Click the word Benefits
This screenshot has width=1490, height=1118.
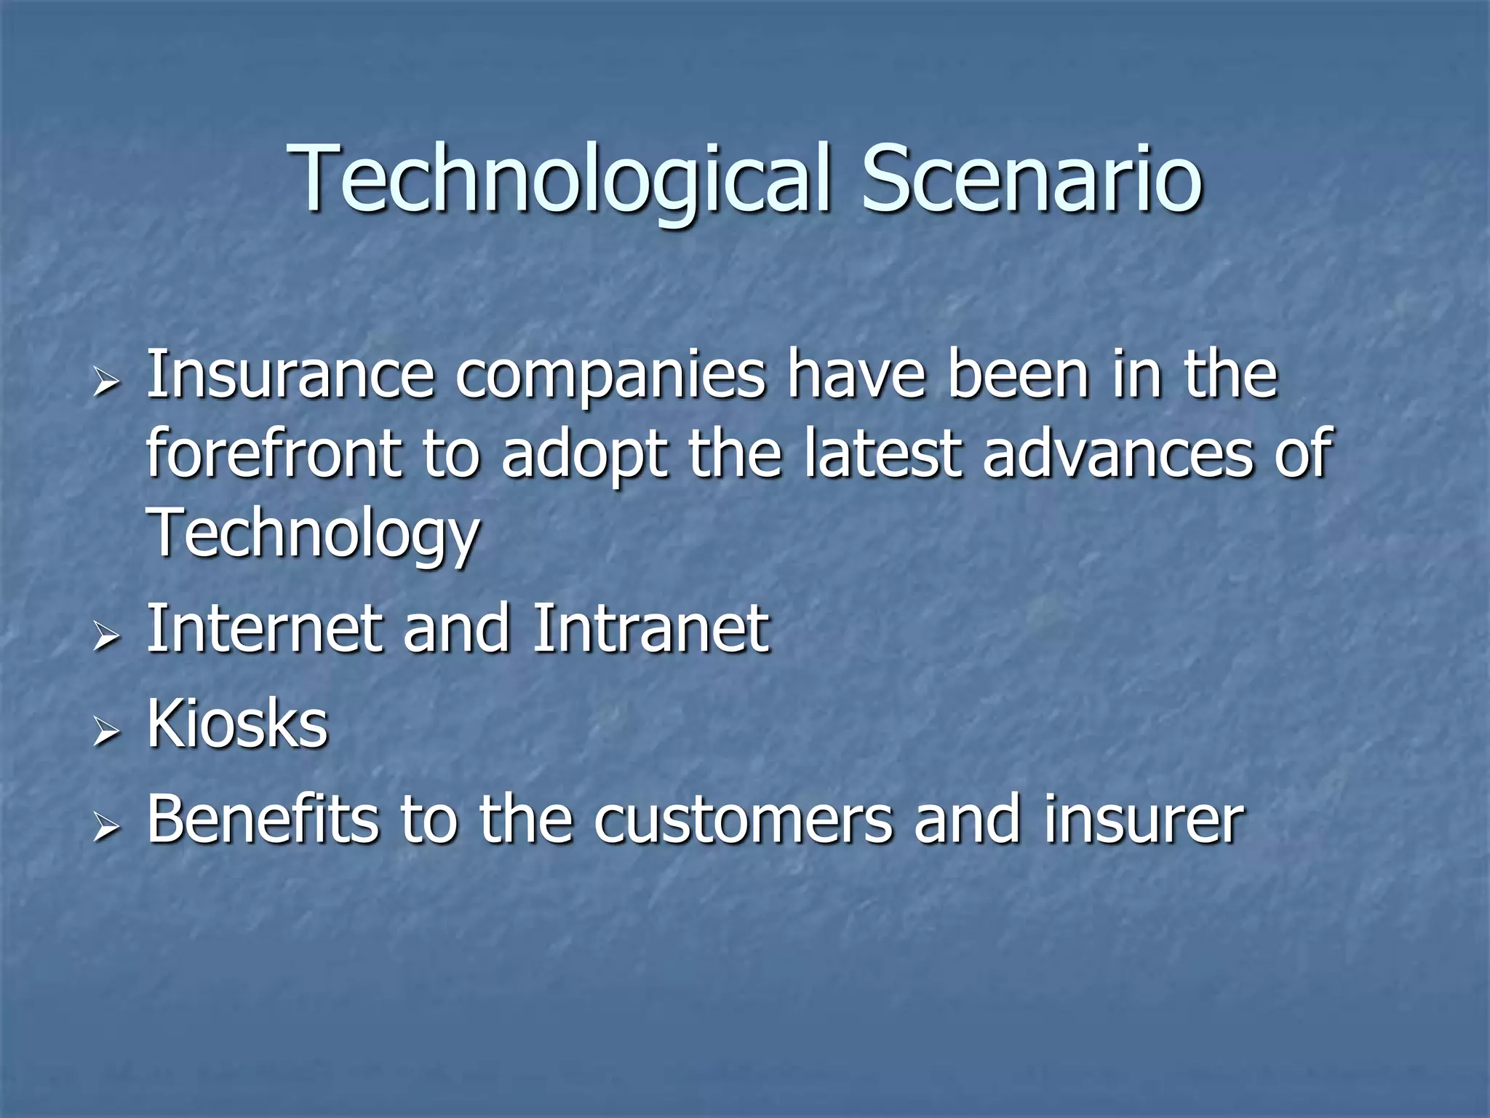[262, 820]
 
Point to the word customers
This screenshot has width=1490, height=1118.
[741, 821]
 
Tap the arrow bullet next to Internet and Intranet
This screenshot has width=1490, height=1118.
[106, 635]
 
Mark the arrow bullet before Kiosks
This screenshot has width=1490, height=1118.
[106, 732]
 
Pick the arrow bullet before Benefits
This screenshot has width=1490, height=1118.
[106, 827]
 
